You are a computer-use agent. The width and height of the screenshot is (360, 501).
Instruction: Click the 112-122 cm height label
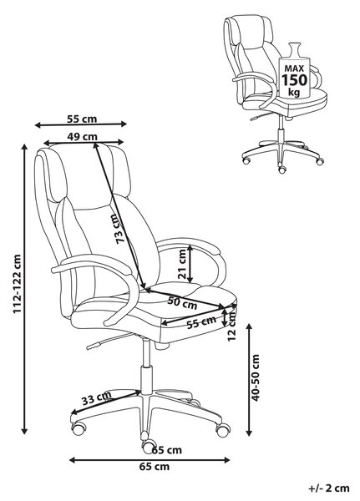(x=17, y=284)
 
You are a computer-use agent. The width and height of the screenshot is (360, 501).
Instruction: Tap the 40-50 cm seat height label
(x=256, y=377)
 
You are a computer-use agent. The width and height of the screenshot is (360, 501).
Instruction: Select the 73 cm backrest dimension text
(x=121, y=229)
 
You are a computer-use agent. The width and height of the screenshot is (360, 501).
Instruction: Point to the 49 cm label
(x=82, y=137)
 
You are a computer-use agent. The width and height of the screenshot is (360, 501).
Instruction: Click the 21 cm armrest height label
(x=182, y=264)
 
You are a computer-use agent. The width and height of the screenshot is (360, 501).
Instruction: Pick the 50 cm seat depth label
(x=182, y=303)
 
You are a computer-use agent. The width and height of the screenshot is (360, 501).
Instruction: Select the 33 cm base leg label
(x=96, y=398)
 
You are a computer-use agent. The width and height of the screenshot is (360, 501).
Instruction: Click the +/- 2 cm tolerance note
(x=329, y=488)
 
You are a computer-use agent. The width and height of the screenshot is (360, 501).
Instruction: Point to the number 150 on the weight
(x=294, y=80)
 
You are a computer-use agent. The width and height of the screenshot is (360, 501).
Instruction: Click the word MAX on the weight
(x=294, y=68)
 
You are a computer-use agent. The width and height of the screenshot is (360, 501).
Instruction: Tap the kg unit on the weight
(x=294, y=93)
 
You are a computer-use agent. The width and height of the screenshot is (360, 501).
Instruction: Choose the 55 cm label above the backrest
(x=82, y=119)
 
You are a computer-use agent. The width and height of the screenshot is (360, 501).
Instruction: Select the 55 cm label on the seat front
(x=201, y=322)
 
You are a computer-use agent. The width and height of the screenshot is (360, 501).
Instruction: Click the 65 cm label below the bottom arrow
(x=155, y=467)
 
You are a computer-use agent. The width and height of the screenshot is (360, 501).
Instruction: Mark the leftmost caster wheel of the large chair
(x=79, y=428)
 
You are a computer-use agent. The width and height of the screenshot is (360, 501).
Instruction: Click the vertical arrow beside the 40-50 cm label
(x=249, y=380)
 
